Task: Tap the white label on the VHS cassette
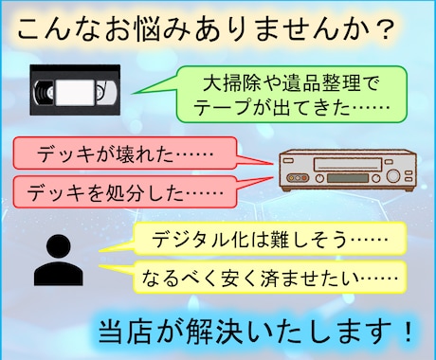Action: click(x=74, y=92)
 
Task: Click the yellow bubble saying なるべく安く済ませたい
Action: click(x=257, y=278)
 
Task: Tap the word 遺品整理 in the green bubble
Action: click(x=298, y=80)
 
